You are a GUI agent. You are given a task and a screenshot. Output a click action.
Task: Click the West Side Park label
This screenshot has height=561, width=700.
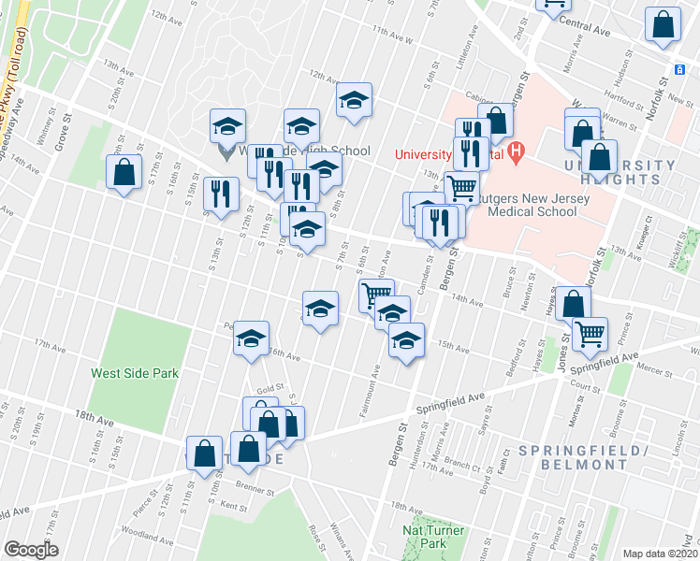click(134, 373)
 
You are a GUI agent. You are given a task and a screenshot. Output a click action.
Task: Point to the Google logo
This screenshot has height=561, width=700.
click(31, 550)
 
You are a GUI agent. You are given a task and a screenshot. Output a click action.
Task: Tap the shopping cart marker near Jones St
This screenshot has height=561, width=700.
click(590, 333)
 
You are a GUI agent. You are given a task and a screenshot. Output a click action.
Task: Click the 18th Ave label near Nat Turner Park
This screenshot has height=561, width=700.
click(407, 507)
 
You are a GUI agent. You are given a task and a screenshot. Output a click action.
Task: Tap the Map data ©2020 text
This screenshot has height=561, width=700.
click(660, 554)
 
